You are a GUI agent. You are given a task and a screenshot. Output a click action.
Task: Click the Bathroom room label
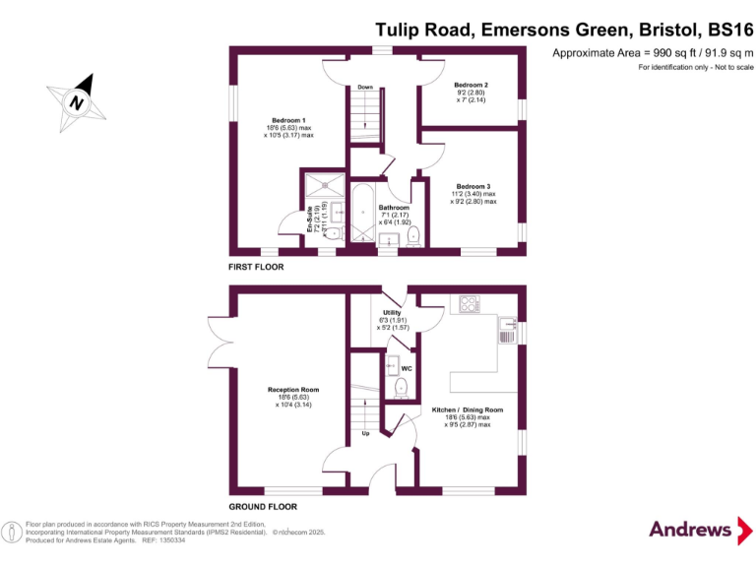[x=394, y=209]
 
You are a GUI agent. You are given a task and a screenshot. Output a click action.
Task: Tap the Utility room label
[x=391, y=313]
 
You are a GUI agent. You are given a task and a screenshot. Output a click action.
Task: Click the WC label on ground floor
[x=407, y=368]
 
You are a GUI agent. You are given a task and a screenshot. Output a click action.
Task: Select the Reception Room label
[x=289, y=390]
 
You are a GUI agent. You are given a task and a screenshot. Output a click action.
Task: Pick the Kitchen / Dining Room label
[x=468, y=409]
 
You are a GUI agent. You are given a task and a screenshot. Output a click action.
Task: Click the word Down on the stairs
[x=365, y=87]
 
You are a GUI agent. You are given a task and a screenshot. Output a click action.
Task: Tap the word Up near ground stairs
[x=364, y=432]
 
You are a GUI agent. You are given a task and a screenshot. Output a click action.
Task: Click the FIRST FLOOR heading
[x=256, y=267]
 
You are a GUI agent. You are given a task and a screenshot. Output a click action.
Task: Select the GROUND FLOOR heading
[x=263, y=506]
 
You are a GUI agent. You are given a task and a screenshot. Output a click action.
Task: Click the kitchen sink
[x=508, y=325]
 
